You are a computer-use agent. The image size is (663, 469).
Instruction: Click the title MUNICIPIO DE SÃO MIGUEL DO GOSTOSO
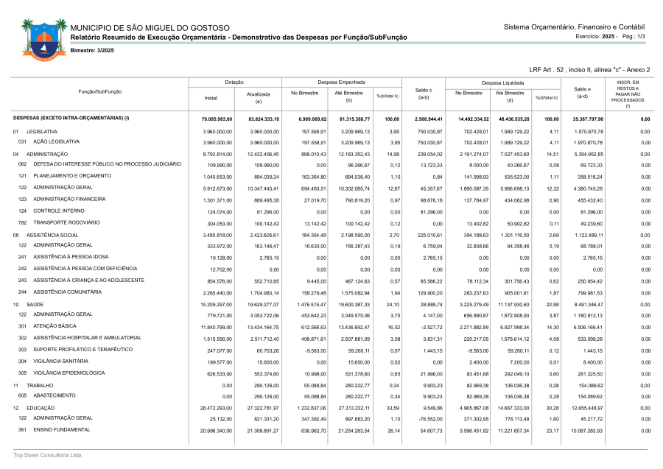pyautogui.click(x=150, y=27)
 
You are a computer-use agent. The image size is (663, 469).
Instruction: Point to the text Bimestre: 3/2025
pyautogui.click(x=92, y=50)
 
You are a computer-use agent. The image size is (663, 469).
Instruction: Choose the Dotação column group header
pyautogui.click(x=234, y=82)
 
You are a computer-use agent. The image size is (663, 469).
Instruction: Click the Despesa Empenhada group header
pyautogui.click(x=341, y=82)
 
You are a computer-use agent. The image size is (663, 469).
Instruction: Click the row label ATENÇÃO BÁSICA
pyautogui.click(x=56, y=326)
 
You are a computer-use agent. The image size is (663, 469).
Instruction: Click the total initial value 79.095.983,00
pyautogui.click(x=218, y=118)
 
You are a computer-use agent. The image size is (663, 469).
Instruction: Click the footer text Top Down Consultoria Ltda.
pyautogui.click(x=49, y=456)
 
